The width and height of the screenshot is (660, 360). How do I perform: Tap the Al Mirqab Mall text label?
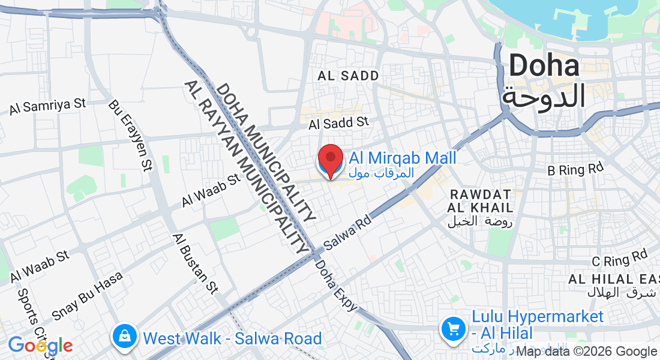click(x=403, y=158)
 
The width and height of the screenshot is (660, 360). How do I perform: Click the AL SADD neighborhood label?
click(x=349, y=76)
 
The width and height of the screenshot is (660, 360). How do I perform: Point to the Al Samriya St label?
click(x=48, y=106)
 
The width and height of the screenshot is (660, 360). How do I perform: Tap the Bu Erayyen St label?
click(x=129, y=135)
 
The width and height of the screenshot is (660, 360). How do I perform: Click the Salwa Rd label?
click(x=348, y=232)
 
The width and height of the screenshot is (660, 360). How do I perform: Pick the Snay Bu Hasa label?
click(x=87, y=296)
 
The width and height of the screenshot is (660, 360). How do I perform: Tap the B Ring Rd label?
click(x=575, y=170)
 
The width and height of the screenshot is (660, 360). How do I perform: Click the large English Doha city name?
click(x=544, y=66)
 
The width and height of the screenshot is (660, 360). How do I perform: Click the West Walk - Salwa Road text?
click(x=232, y=338)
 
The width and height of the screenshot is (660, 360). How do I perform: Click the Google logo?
click(x=40, y=346)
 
